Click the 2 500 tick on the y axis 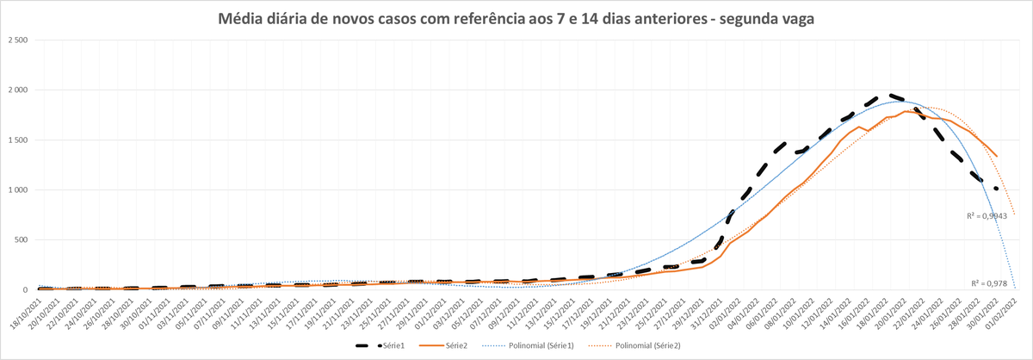pyautogui.click(x=17, y=40)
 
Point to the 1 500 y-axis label pyautogui.click(x=17, y=140)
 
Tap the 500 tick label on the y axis pyautogui.click(x=22, y=240)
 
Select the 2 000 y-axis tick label pyautogui.click(x=17, y=90)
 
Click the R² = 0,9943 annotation pyautogui.click(x=987, y=217)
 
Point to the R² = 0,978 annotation pyautogui.click(x=990, y=282)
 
